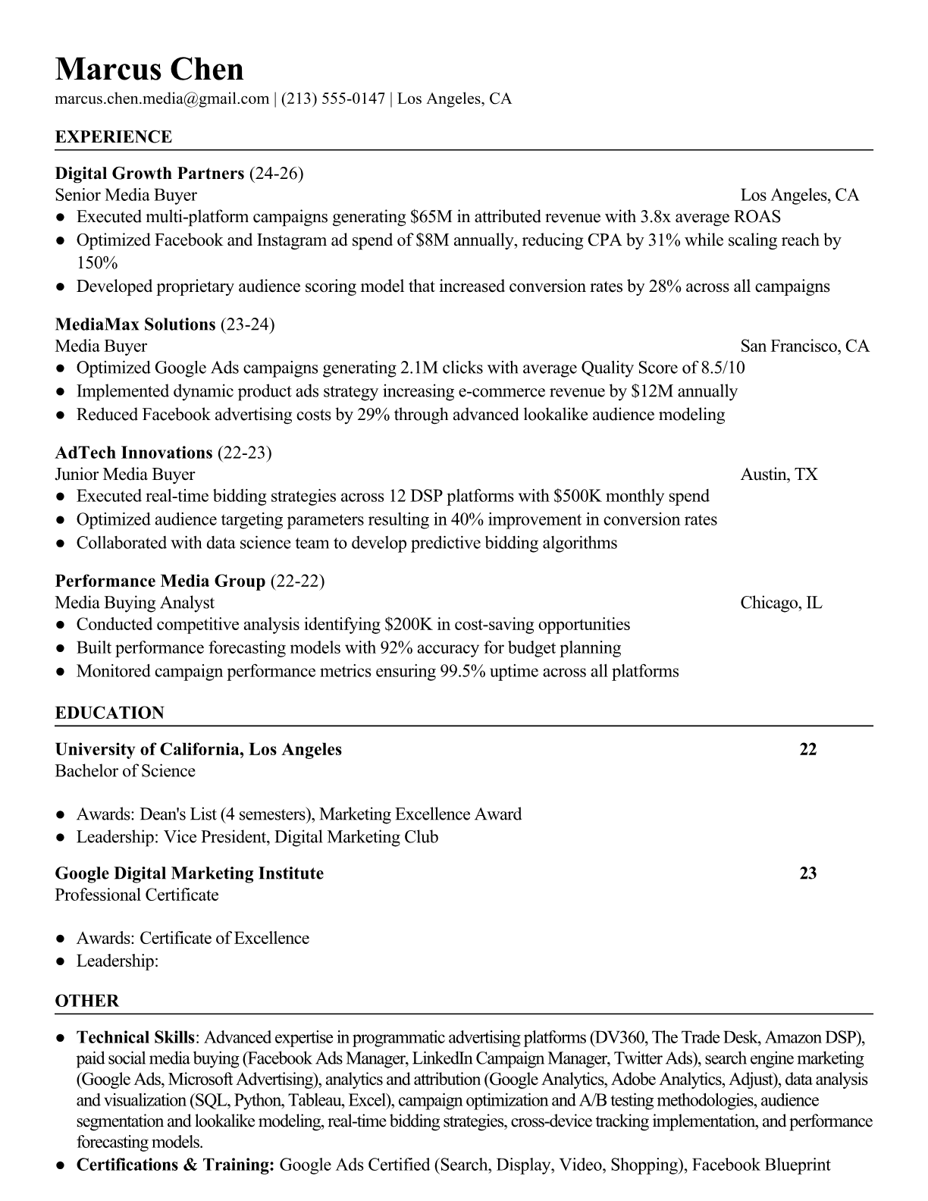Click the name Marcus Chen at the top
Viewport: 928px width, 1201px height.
(x=149, y=69)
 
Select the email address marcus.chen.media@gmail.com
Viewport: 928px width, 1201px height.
(x=162, y=99)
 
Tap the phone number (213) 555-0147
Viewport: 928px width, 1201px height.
(x=333, y=99)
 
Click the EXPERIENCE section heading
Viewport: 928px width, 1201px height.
(x=114, y=137)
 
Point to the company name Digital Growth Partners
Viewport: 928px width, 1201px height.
(x=149, y=174)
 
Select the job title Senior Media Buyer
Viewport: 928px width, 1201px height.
(x=126, y=196)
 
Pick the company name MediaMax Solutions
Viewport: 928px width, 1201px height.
(x=136, y=325)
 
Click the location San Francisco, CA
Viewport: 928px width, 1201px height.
(x=804, y=347)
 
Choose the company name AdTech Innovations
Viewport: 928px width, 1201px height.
(x=133, y=453)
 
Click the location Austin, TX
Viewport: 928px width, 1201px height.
(x=779, y=475)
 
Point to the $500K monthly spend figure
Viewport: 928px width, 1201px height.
(x=578, y=497)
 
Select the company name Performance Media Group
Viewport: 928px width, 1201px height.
(x=160, y=582)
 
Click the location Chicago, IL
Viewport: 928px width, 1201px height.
(x=781, y=603)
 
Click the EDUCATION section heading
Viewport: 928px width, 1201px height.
(x=109, y=713)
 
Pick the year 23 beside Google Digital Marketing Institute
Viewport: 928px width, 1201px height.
(x=808, y=873)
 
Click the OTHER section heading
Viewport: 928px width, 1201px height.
(x=87, y=1001)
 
